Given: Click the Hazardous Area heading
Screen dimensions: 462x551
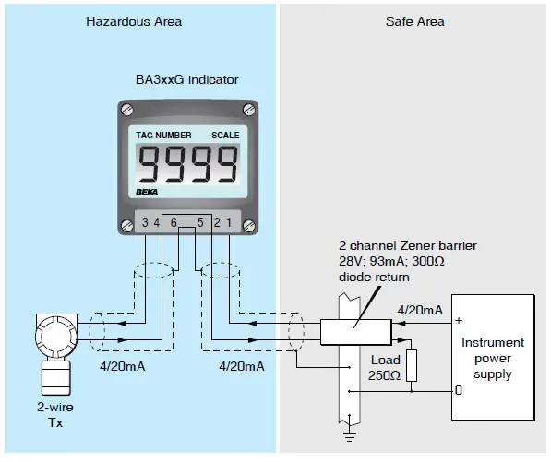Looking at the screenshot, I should coord(134,21).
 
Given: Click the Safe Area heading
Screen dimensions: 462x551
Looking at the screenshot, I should coord(414,21).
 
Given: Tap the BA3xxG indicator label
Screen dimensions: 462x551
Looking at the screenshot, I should coord(188,81).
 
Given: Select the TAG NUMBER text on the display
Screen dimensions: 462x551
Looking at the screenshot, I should coord(163,135).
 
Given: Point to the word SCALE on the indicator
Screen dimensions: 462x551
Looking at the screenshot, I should coord(224,135).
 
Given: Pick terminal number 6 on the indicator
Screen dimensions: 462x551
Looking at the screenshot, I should coord(174,222).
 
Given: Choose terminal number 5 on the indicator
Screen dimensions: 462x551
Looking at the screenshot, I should coord(200,222).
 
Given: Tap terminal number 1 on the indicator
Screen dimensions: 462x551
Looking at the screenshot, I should coord(228,222).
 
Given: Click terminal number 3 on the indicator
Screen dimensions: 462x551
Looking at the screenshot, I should coord(145,222).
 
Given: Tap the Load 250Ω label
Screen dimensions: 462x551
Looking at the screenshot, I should coord(385,367).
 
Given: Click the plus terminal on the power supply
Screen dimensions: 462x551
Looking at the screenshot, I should coord(458,321).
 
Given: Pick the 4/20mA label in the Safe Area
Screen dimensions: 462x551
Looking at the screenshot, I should coord(420,309).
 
